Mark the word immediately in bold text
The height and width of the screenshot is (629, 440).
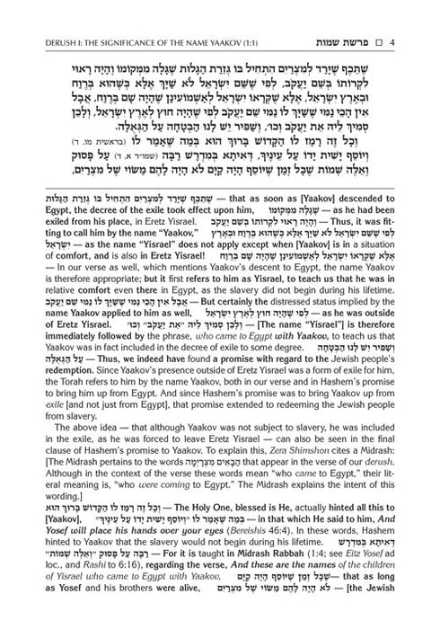(48, 317)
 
